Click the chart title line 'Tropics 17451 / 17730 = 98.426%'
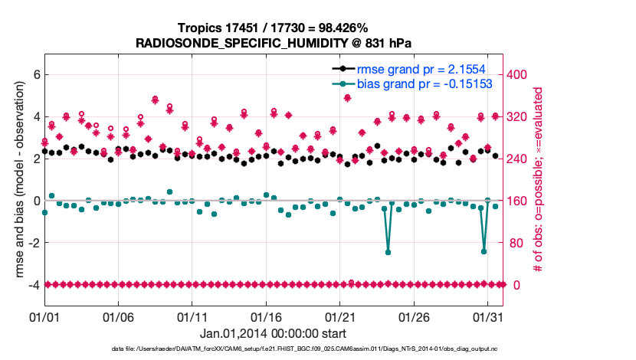[x=274, y=28]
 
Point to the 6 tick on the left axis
[x=35, y=75]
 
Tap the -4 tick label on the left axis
[x=33, y=285]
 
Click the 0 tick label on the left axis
[x=35, y=201]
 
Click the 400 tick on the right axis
[x=520, y=75]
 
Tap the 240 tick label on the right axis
[x=520, y=159]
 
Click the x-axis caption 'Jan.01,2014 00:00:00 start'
[x=273, y=333]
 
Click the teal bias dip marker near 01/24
[x=388, y=252]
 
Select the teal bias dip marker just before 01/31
[x=484, y=250]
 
